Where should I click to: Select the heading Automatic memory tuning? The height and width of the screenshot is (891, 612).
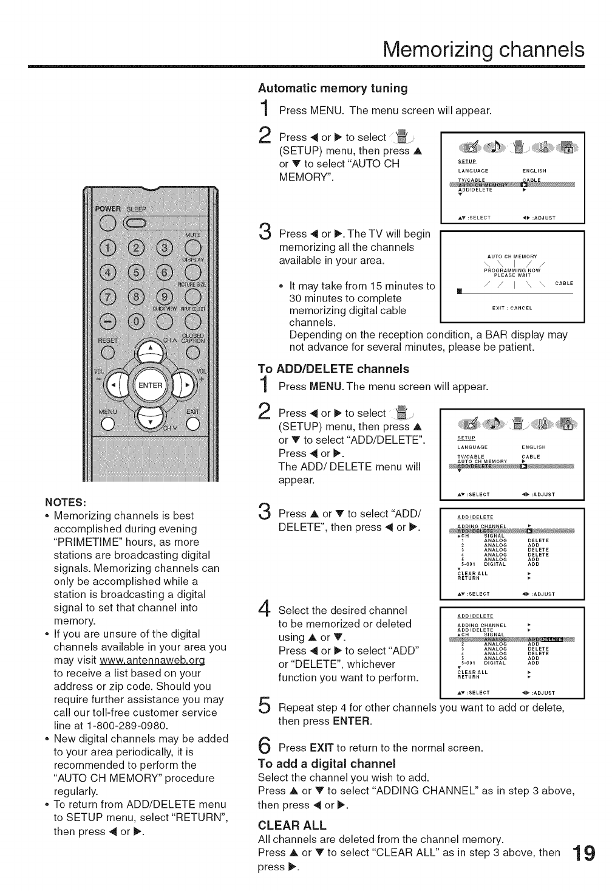coord(333,88)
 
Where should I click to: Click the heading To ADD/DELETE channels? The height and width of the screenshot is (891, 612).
coord(334,369)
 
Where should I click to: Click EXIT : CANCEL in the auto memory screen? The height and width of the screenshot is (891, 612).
coord(512,308)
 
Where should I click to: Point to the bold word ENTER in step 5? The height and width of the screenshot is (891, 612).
coord(351,721)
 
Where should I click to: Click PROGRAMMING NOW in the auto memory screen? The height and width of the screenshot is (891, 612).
coord(512,270)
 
